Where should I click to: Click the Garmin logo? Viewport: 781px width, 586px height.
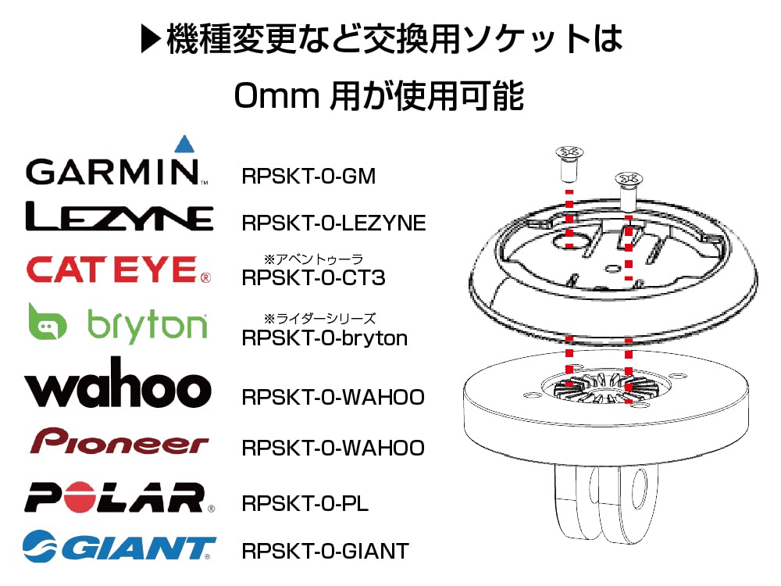click(x=114, y=170)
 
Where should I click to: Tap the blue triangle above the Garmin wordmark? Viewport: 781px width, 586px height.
click(x=184, y=144)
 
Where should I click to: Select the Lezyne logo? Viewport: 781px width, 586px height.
click(x=119, y=217)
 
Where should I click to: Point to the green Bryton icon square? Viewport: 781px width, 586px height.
click(x=48, y=323)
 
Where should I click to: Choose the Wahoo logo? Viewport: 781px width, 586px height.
click(x=118, y=385)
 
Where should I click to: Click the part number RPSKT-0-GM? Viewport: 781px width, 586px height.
click(x=308, y=177)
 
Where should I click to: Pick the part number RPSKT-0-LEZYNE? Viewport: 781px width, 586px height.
click(x=333, y=223)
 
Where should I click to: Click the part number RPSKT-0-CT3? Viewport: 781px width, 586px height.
click(x=314, y=277)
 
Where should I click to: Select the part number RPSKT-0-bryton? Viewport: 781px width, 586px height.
click(x=325, y=338)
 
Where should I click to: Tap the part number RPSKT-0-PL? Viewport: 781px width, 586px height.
click(x=305, y=503)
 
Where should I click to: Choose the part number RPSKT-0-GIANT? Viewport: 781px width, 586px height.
click(x=325, y=552)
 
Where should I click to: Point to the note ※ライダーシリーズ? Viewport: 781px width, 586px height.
click(x=320, y=319)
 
